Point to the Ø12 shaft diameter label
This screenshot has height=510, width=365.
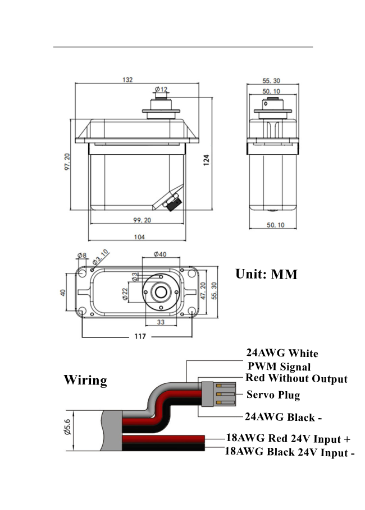(x=161, y=89)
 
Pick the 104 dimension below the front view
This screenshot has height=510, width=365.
(x=139, y=237)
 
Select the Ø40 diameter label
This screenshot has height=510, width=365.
(x=161, y=254)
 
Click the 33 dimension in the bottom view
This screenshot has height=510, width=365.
(x=161, y=322)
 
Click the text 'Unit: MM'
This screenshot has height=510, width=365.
(x=266, y=275)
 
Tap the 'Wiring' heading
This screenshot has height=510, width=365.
(x=85, y=380)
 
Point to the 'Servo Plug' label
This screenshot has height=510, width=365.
(x=273, y=395)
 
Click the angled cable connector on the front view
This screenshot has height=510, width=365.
(x=172, y=201)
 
